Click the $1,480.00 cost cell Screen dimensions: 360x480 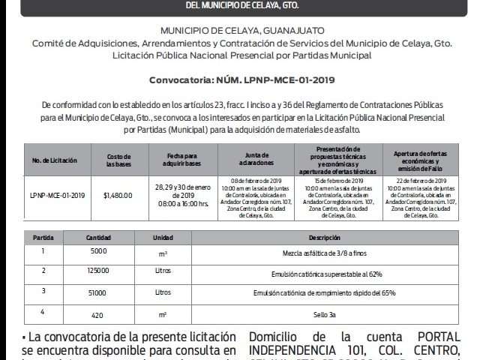pyautogui.click(x=118, y=195)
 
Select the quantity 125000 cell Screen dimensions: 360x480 pyautogui.click(x=99, y=270)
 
